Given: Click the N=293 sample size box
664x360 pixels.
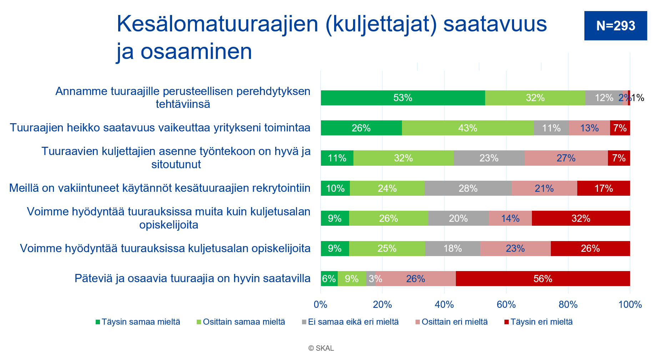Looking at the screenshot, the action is point(615,26).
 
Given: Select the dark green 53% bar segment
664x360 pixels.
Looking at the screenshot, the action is point(403,98).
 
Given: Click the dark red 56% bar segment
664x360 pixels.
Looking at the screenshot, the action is point(543,279).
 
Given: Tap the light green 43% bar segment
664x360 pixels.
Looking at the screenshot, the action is point(468,128).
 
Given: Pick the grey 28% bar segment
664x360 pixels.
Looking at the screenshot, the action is point(468,188).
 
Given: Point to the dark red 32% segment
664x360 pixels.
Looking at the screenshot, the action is point(581,218).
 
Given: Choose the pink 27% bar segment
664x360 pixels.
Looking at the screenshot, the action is point(566,158).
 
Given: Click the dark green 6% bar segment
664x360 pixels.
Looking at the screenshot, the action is point(329,279).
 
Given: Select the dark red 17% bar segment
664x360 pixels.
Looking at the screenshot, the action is point(604,188).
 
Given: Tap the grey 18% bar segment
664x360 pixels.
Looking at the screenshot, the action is point(453,249).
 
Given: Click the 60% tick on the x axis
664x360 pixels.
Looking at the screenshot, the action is point(506,305).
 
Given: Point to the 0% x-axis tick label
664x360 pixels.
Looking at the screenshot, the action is point(321,305).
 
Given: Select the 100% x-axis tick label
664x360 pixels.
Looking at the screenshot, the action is point(630,305).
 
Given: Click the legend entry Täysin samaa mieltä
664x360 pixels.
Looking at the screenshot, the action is point(138,322).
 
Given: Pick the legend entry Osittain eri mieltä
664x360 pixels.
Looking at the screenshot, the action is point(452,322).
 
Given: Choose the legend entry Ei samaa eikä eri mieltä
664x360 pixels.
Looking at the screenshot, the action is point(350,322).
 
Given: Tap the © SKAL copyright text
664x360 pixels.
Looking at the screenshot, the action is point(321,348).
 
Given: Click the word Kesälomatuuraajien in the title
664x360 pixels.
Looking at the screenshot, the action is point(217,24).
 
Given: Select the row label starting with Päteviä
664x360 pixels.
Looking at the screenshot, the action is point(192,279).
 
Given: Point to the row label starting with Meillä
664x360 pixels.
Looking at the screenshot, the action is point(160,188).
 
